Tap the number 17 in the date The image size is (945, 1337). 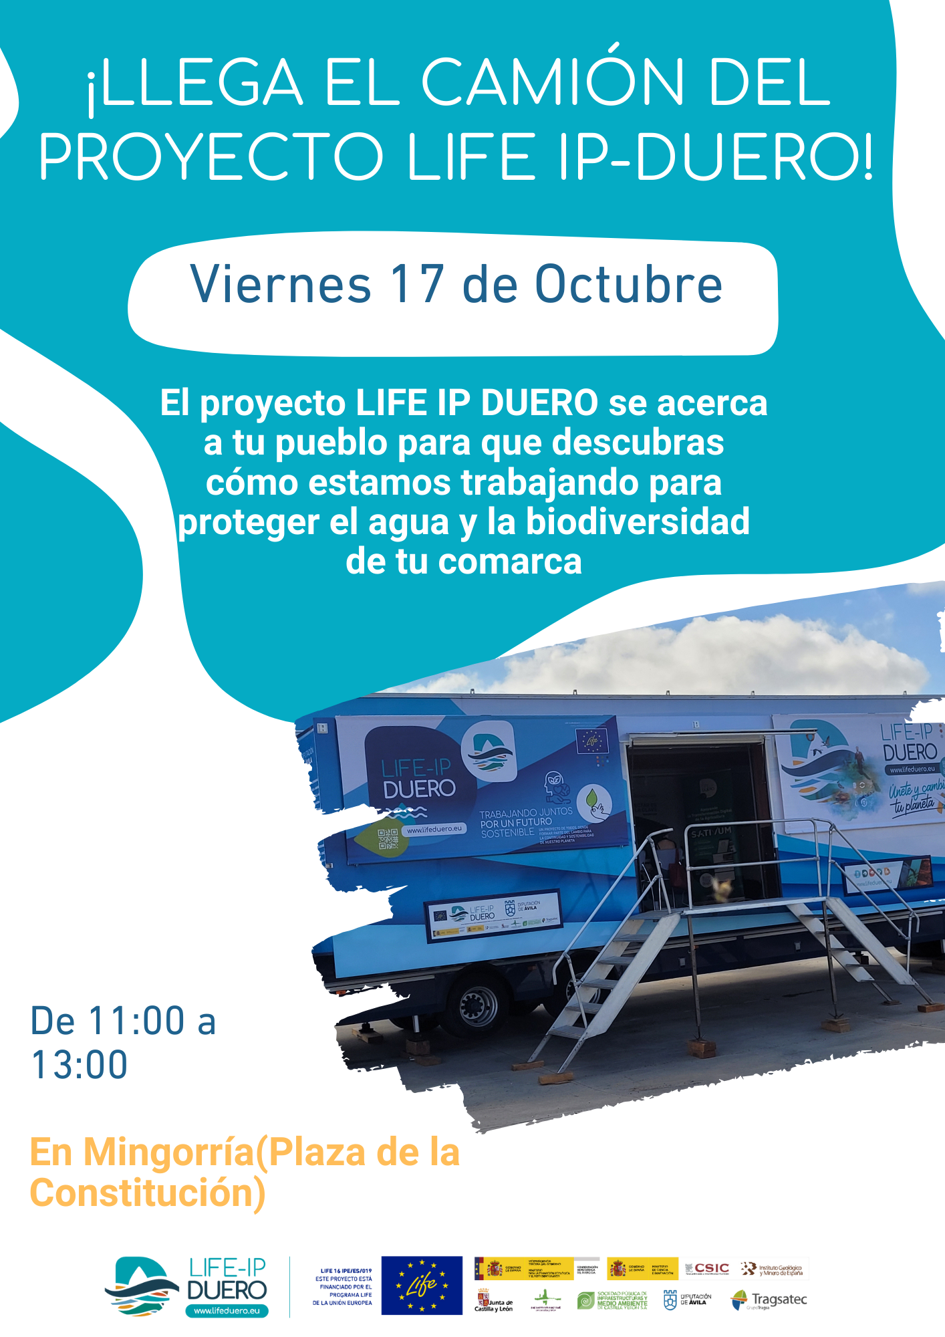[x=418, y=285]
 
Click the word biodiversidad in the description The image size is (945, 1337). [x=638, y=522]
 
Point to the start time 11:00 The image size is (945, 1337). [x=136, y=1021]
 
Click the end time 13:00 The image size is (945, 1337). [x=79, y=1064]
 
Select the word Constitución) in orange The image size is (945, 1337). [x=148, y=1193]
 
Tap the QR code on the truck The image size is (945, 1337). [x=388, y=838]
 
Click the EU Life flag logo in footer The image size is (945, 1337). [x=422, y=1285]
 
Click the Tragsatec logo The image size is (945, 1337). [x=770, y=1300]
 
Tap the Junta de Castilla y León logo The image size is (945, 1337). [x=494, y=1301]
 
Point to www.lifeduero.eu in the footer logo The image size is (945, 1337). [x=227, y=1311]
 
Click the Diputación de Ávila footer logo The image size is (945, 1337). [x=687, y=1300]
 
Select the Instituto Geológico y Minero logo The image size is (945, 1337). [x=771, y=1269]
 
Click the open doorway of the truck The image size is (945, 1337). [x=695, y=822]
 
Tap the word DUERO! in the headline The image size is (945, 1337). [x=753, y=158]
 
